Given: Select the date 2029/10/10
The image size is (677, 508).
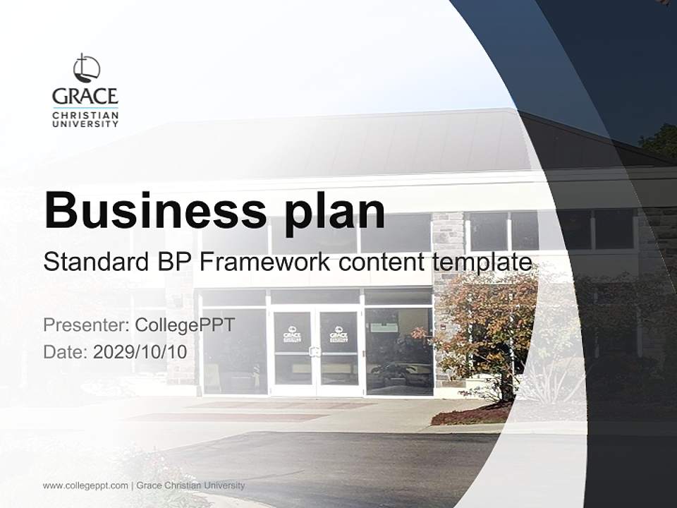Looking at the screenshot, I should coord(140,351).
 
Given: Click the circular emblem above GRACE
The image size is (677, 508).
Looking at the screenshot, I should coord(86,68).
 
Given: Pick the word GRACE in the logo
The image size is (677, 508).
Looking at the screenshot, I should coord(85,96).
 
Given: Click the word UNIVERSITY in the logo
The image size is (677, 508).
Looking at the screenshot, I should coord(85,124).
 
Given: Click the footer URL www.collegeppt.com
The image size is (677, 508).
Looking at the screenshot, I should coord(85,485).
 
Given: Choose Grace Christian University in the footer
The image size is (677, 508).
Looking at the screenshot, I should coord(190,485).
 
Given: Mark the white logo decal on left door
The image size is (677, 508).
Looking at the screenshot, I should coord(292,334).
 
